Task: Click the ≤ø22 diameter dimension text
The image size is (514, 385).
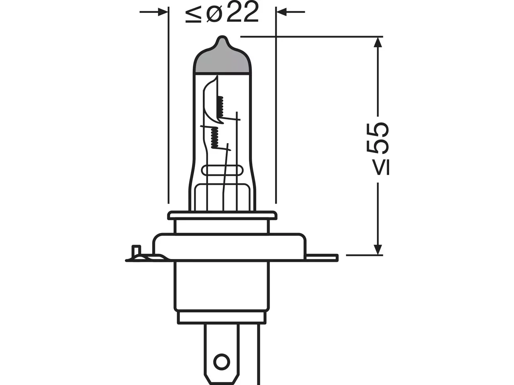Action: tap(222, 12)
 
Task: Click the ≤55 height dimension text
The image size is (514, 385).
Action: tap(377, 149)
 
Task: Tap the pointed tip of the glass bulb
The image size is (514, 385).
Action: tap(222, 37)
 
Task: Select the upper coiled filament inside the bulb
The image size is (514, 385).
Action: tap(220, 107)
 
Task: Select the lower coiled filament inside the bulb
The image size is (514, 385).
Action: tap(214, 138)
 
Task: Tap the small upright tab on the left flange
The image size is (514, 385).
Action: tap(136, 251)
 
